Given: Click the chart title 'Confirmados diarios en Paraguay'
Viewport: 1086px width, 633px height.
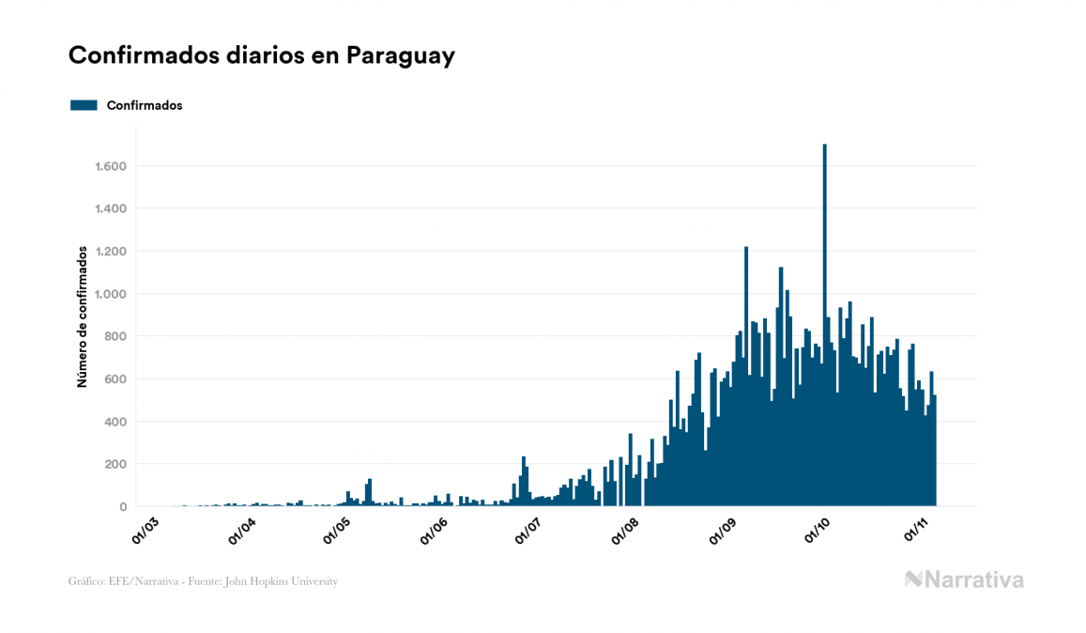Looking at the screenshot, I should pyautogui.click(x=262, y=55).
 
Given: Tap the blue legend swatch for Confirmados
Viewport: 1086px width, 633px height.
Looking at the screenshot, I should pyautogui.click(x=84, y=105).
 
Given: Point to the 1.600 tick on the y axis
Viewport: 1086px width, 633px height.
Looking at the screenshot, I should pyautogui.click(x=111, y=166).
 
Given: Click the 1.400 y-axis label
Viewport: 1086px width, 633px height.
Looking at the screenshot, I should pyautogui.click(x=111, y=208).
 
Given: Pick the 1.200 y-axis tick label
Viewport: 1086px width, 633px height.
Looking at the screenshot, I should pyautogui.click(x=111, y=252).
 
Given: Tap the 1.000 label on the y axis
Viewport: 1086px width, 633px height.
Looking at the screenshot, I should pyautogui.click(x=111, y=294).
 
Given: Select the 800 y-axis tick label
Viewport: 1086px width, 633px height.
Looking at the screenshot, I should pyautogui.click(x=115, y=336).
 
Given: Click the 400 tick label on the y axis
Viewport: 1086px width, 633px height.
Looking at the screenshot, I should pyautogui.click(x=115, y=422).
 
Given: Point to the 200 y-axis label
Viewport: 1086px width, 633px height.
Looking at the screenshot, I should pyautogui.click(x=115, y=464).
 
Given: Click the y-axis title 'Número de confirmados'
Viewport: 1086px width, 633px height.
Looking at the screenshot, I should pyautogui.click(x=83, y=317).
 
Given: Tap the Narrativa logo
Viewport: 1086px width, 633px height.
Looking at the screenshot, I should pyautogui.click(x=964, y=579).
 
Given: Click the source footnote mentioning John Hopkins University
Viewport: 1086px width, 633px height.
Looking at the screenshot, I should pyautogui.click(x=203, y=581).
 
